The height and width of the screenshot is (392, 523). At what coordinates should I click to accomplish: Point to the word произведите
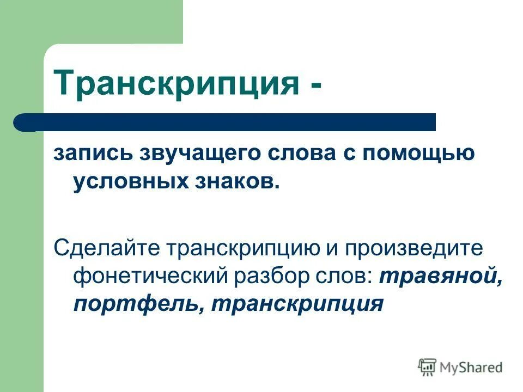pyautogui.click(x=421, y=249)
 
